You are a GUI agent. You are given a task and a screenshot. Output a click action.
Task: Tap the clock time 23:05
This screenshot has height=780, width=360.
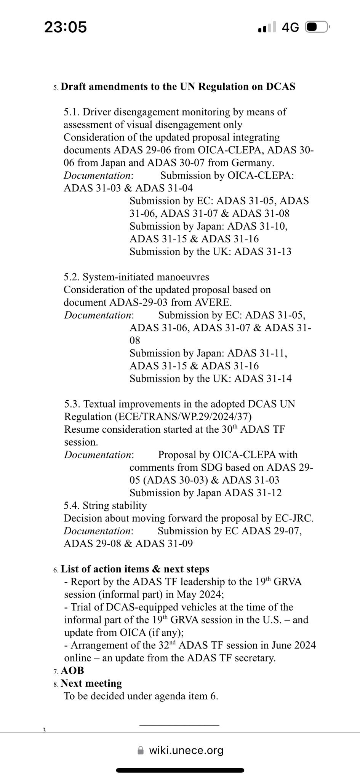pos(66,27)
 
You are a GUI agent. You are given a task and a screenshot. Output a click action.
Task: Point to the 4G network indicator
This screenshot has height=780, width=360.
pos(290,27)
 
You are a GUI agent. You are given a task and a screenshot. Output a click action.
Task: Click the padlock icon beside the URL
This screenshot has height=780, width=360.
pos(141,751)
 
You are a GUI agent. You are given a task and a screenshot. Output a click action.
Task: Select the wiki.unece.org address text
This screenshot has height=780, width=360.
pos(186,751)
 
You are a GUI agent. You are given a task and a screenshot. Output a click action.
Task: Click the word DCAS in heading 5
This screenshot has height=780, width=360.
pos(280,86)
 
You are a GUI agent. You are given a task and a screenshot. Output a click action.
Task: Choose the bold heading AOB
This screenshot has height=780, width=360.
pos(72,670)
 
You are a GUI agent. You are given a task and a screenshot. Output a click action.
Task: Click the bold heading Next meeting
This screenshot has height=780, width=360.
pos(91,683)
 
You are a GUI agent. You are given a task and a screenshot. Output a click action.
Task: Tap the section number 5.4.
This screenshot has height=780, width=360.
pos(72,506)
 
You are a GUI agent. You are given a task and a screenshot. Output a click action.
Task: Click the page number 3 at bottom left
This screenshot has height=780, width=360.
pos(44,730)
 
